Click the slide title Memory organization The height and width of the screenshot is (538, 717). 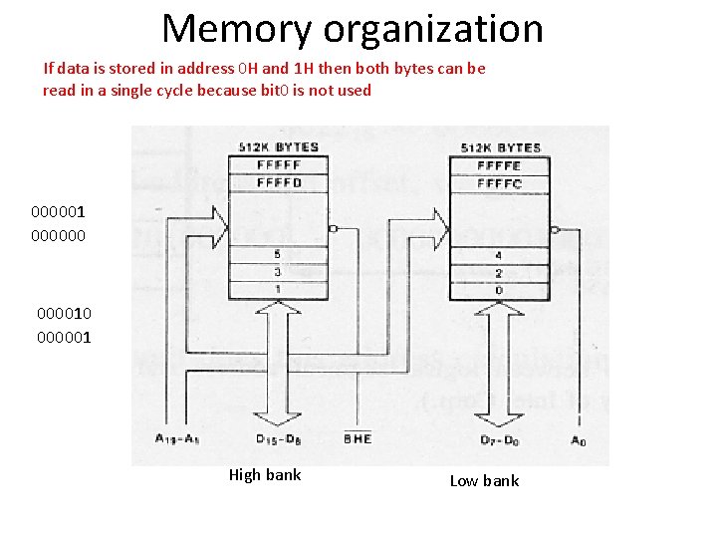coord(353,29)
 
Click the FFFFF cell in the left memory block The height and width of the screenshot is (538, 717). coord(278,164)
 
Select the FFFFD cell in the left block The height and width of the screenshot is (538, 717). coord(278,182)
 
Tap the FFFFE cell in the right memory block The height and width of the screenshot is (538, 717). coord(498,165)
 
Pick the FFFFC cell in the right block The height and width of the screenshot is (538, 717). coord(498,183)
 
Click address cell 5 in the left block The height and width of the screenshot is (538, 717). coord(277,254)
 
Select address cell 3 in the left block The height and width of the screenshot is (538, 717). coord(277,271)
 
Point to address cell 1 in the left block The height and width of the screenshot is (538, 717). coord(277,288)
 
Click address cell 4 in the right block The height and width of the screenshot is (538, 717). coord(498,255)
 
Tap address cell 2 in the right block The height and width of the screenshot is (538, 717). coord(498,272)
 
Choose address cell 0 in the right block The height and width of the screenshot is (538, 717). coord(498,289)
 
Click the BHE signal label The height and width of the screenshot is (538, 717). coord(357,438)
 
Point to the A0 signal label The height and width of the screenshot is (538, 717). coord(580,438)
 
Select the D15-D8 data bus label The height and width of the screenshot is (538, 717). coord(278,438)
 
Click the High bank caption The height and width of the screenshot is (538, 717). coord(265,475)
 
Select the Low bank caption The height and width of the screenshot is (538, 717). coord(484,481)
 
